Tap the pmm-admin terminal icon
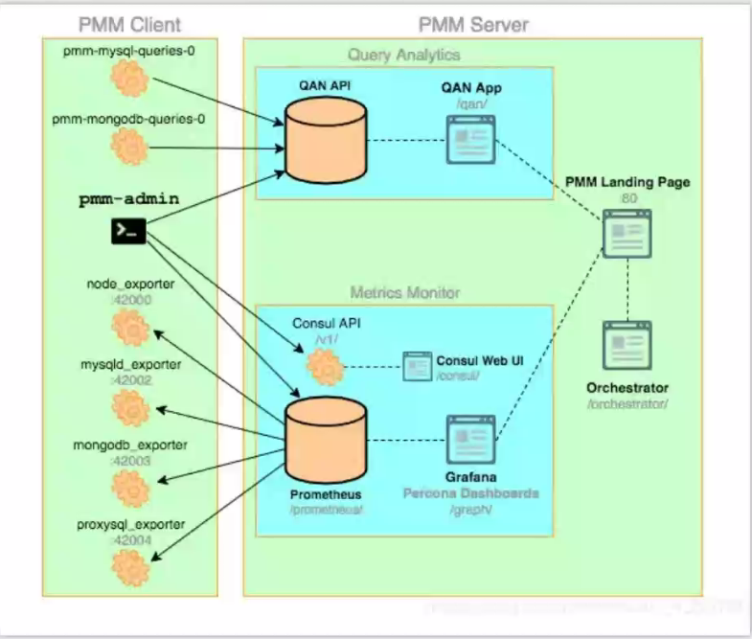128,230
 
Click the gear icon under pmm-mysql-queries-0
128,79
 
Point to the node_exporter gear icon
128,329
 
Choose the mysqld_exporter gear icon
128,406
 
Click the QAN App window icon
469,138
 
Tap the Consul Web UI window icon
417,367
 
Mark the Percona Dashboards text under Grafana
471,493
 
